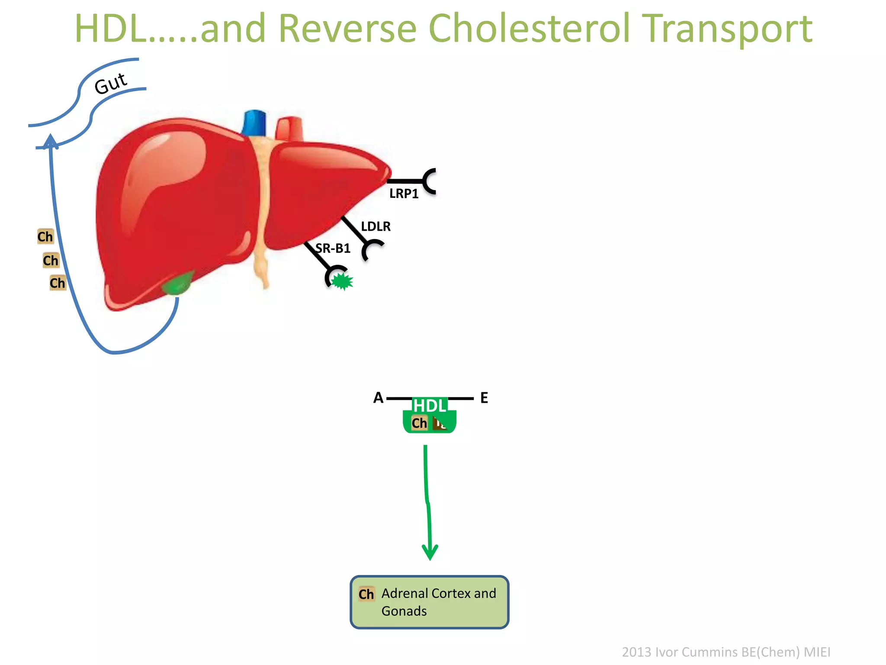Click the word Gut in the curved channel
point(111,84)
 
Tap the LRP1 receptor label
point(404,194)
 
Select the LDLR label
point(376,226)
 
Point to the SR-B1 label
point(333,249)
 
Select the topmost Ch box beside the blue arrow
point(45,237)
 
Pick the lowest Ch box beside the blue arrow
point(57,283)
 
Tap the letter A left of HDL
point(378,398)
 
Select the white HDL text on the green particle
point(429,406)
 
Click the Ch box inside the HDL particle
point(419,423)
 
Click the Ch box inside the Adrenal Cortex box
point(366,594)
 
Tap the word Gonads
point(404,611)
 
